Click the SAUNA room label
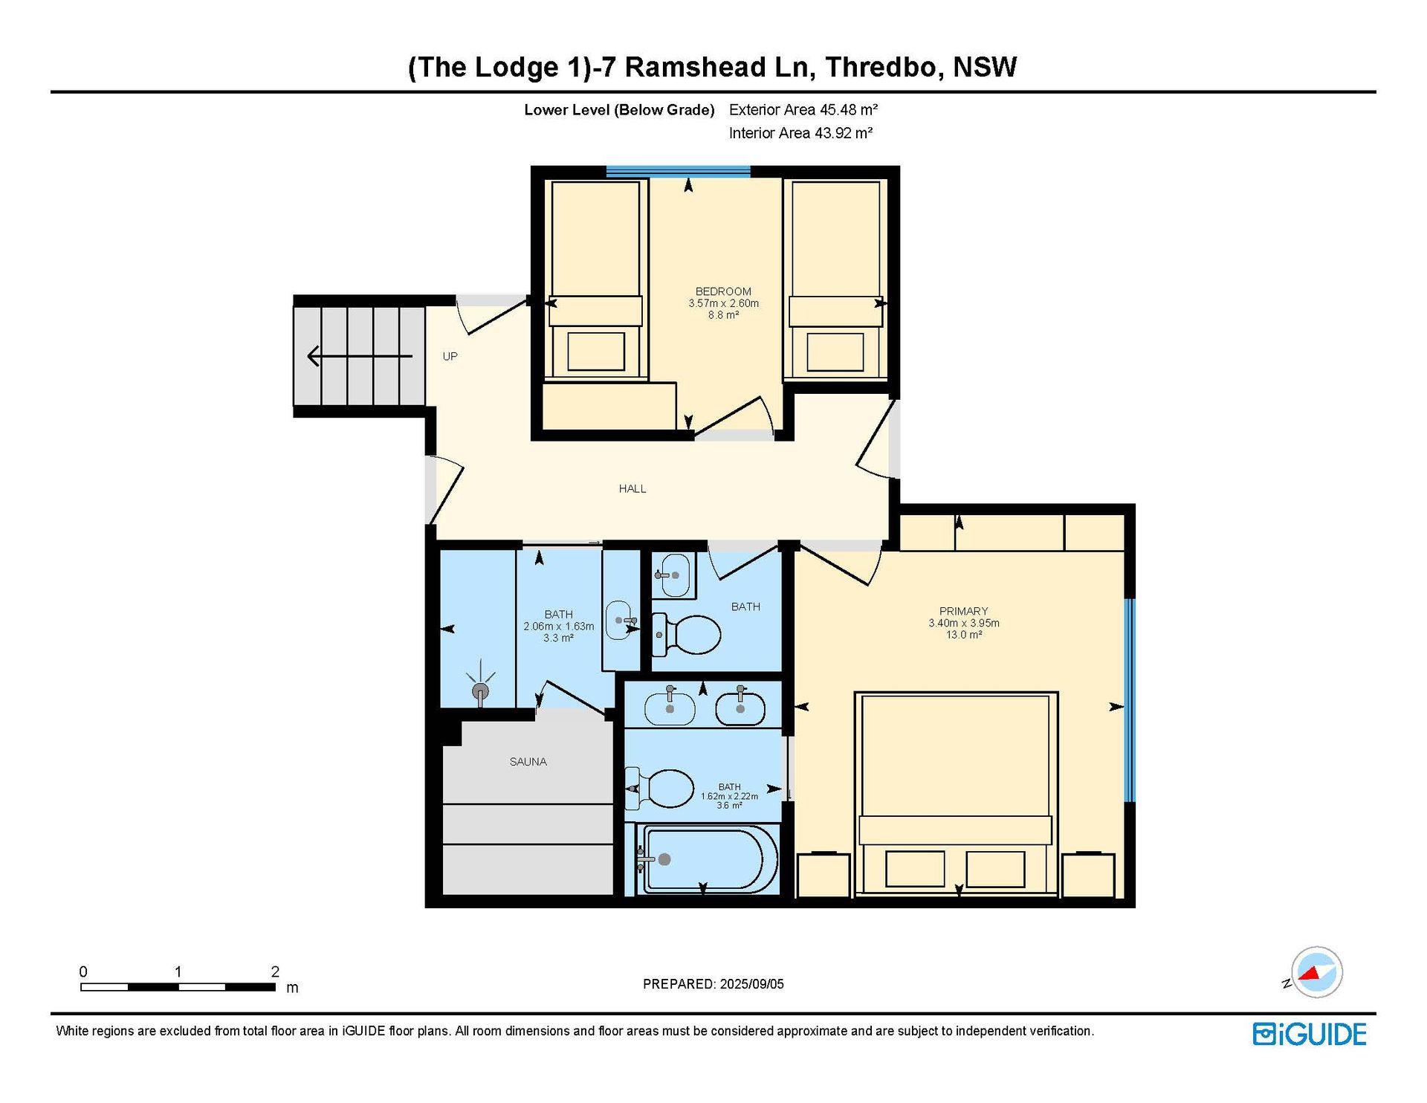(528, 761)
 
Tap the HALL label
(632, 488)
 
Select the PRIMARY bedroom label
(963, 611)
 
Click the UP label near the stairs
(450, 356)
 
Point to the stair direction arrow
(360, 357)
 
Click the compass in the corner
(1316, 972)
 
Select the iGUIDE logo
(1310, 1034)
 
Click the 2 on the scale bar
(275, 971)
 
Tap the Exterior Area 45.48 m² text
(803, 110)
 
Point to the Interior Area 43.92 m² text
(800, 133)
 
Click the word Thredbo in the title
(881, 67)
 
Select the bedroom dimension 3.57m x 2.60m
(723, 303)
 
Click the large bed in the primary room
(956, 793)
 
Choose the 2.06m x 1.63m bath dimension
(558, 627)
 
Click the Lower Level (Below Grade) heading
(619, 110)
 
